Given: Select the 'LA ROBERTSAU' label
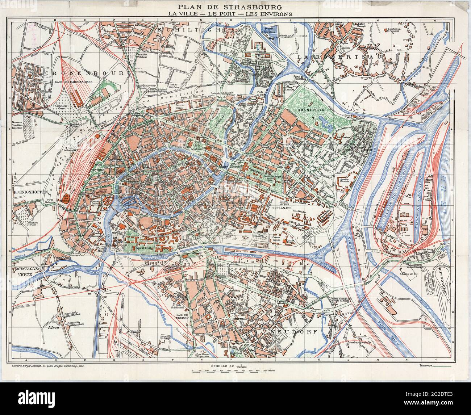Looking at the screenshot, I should (326, 57).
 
